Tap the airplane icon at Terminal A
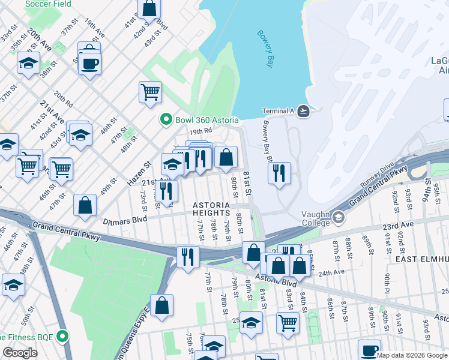coord(304,111)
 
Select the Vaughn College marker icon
coord(339,217)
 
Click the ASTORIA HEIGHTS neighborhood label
coord(211,209)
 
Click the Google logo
coord(20,353)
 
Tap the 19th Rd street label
coord(200,131)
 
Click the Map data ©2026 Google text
coord(412,355)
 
